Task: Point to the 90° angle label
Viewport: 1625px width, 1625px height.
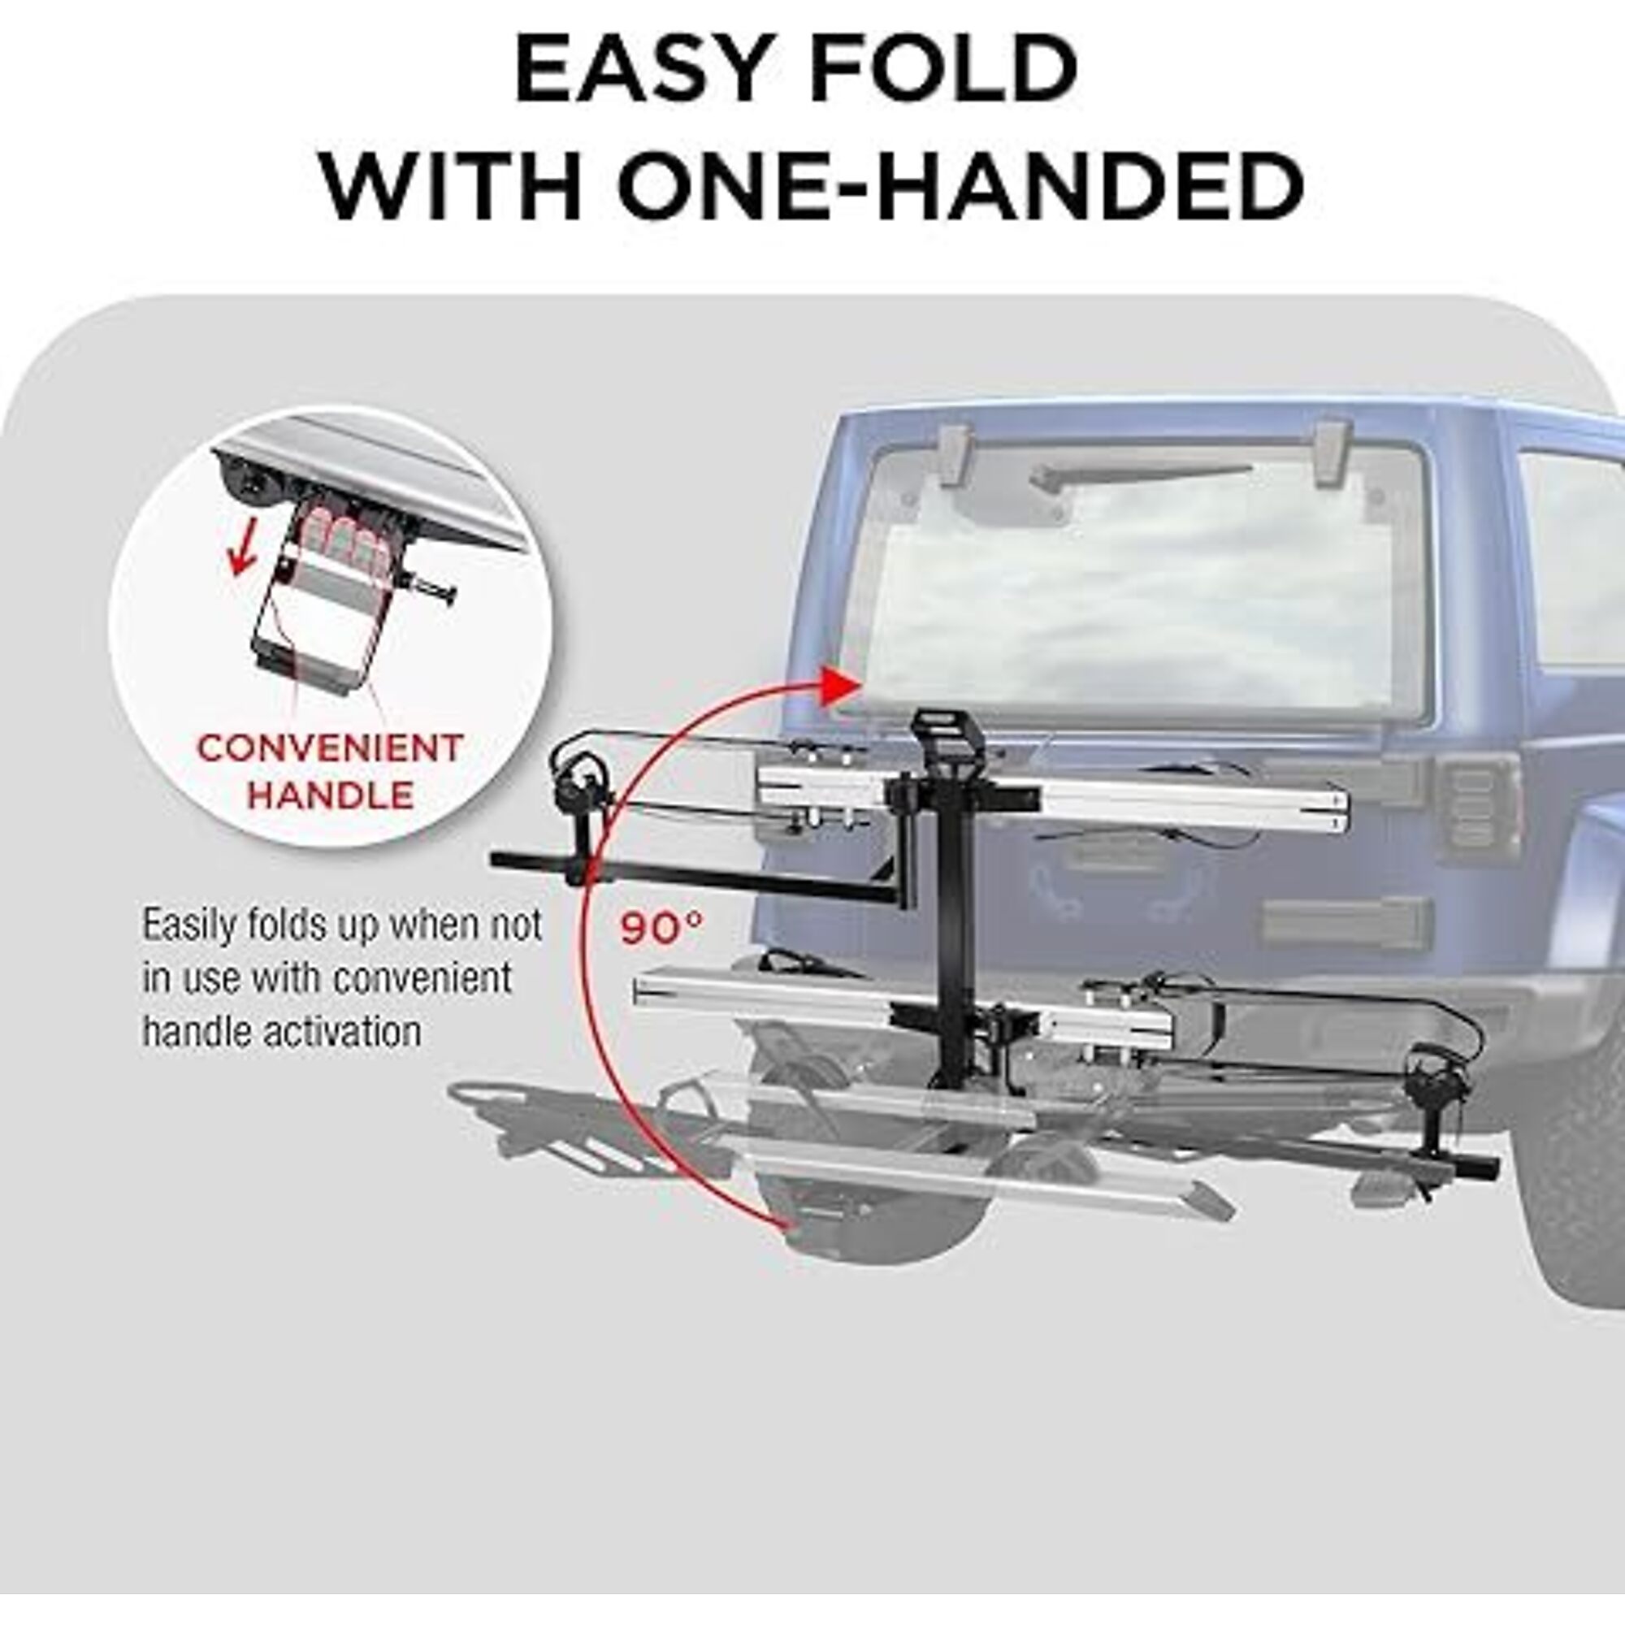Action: click(x=662, y=929)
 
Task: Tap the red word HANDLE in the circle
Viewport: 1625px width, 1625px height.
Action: click(x=329, y=795)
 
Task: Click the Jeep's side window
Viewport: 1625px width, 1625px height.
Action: click(x=1571, y=559)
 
